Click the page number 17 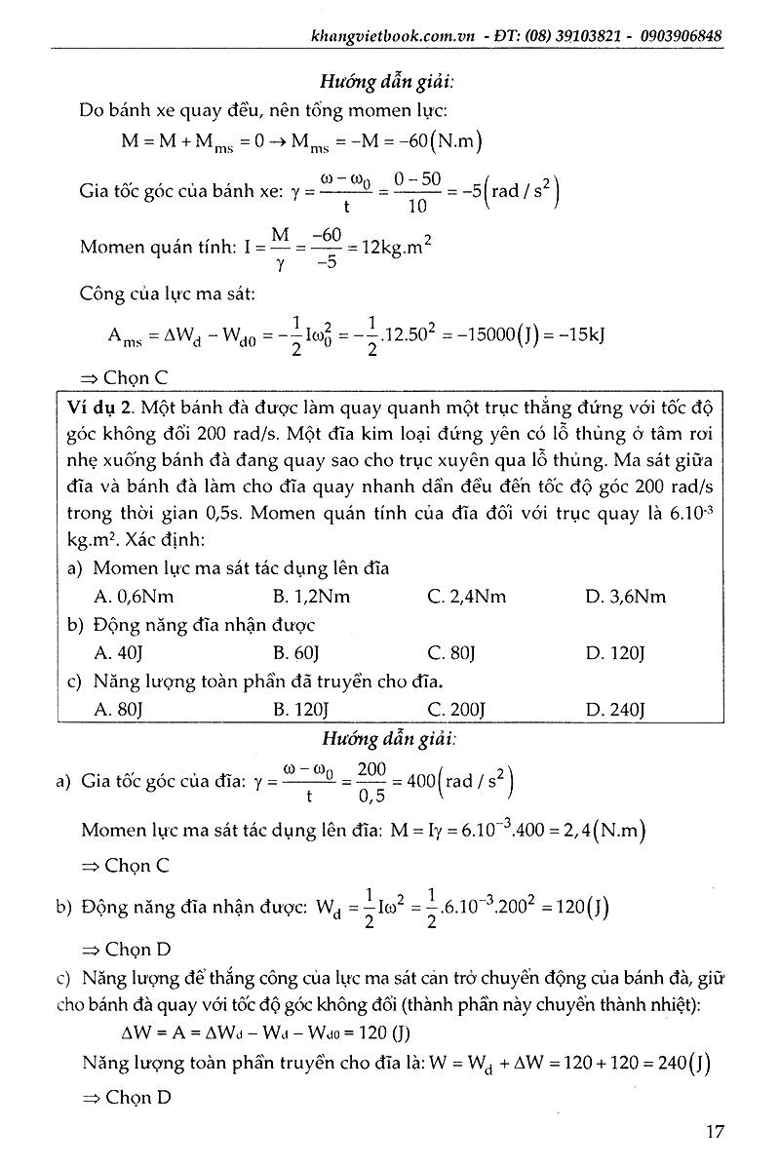pos(715,1132)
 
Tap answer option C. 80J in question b pos(453,653)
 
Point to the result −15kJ pos(579,336)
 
